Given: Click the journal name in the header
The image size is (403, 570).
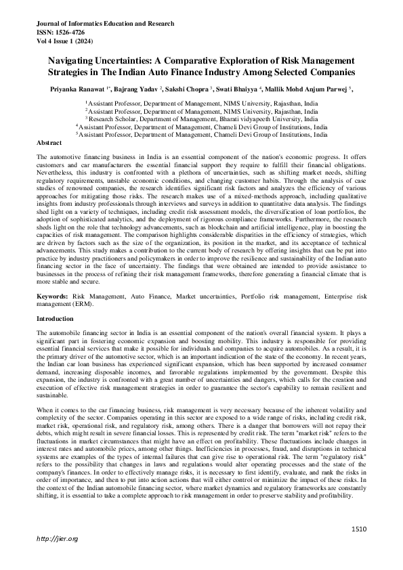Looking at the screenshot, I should tap(105, 23).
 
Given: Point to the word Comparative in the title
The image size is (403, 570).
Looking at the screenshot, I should tap(197, 59).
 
